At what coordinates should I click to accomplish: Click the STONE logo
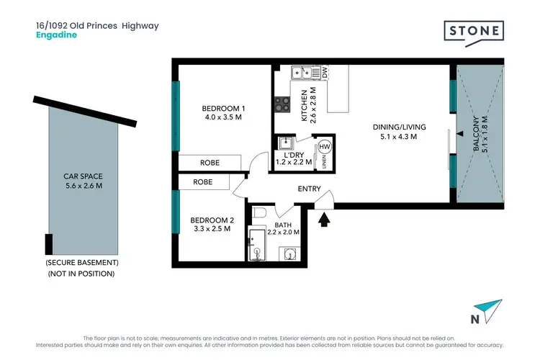[x=473, y=32]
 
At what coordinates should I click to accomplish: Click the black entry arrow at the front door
[x=323, y=217]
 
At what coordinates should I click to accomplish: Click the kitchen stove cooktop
[x=282, y=105]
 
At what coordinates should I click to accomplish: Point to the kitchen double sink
[x=304, y=72]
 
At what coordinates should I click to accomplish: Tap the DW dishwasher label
[x=324, y=72]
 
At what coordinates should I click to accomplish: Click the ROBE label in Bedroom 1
[x=210, y=163]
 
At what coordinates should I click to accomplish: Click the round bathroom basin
[x=290, y=253]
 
